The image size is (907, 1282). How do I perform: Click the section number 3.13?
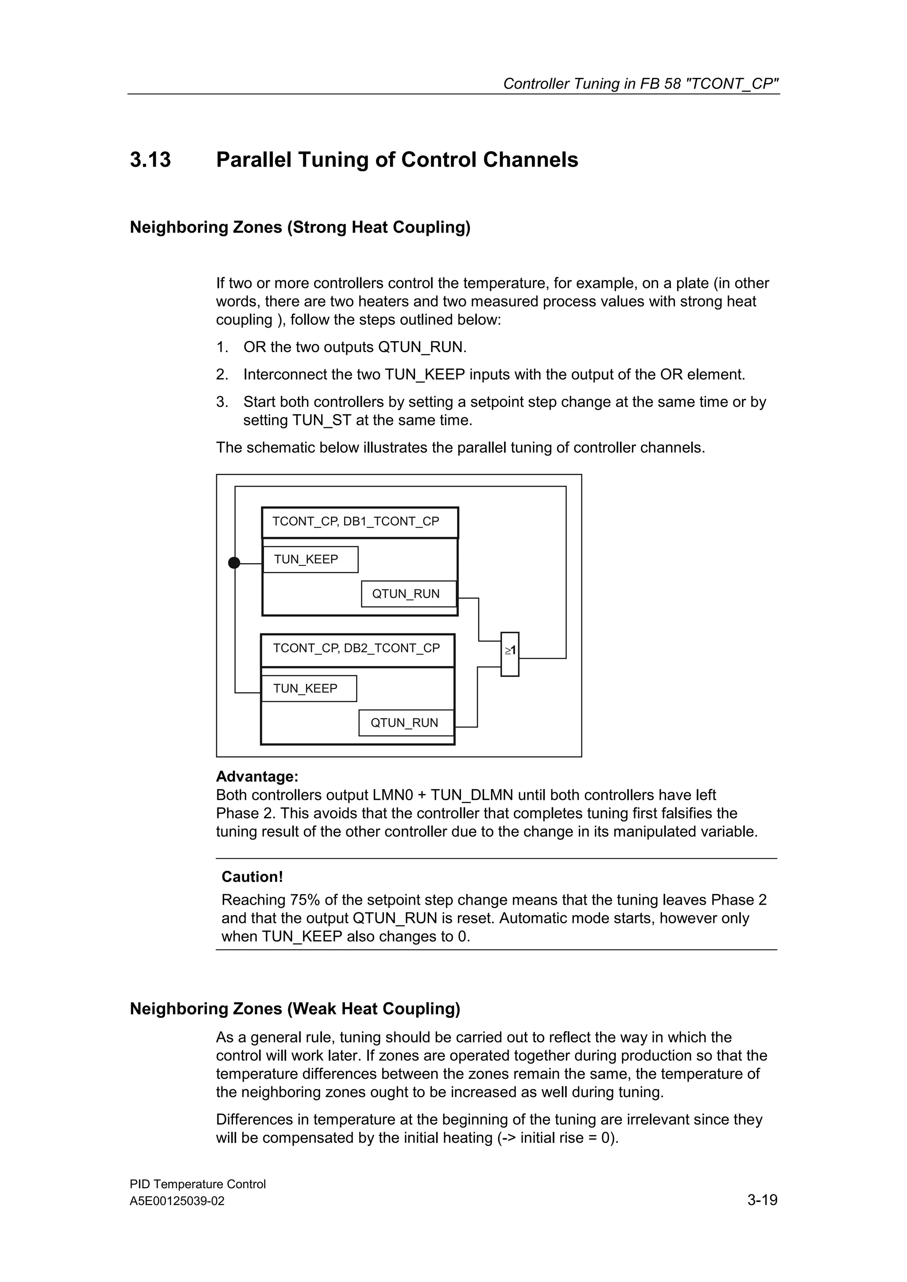tap(150, 160)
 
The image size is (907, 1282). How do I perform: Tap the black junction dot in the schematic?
tap(234, 563)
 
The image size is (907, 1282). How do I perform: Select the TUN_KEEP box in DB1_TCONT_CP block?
tap(310, 560)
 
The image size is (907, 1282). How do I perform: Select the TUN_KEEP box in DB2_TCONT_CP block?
tap(309, 688)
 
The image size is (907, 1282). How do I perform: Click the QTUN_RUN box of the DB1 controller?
tap(408, 594)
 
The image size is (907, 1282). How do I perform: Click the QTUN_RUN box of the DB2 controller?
tap(406, 723)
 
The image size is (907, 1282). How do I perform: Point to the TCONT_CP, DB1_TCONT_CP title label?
tap(356, 522)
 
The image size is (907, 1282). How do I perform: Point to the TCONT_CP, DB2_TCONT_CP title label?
tap(357, 648)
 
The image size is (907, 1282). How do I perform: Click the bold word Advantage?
tap(257, 777)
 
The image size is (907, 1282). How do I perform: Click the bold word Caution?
tap(252, 877)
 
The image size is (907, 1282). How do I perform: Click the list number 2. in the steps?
tap(222, 375)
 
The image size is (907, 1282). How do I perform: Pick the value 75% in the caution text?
tap(305, 900)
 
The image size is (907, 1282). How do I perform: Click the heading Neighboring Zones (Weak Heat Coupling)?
tap(295, 1009)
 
